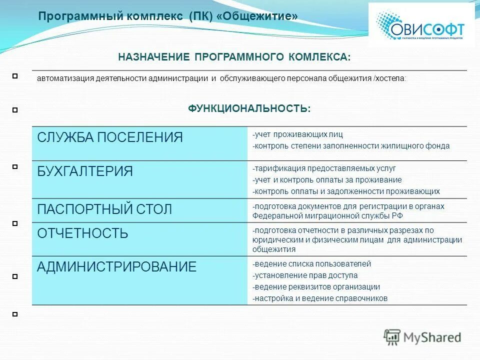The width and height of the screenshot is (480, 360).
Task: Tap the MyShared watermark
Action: (x=422, y=337)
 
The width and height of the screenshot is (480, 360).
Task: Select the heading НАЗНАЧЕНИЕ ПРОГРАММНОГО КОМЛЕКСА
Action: (x=234, y=57)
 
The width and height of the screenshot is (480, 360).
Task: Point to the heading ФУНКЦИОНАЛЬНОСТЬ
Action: (x=249, y=108)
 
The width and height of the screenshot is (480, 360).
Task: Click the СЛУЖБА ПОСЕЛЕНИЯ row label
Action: (x=110, y=137)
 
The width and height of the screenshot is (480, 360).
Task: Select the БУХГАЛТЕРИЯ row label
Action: (x=85, y=171)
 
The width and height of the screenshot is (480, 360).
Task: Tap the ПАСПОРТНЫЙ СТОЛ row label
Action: (x=104, y=209)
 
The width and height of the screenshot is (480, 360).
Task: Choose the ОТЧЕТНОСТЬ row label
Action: (x=82, y=233)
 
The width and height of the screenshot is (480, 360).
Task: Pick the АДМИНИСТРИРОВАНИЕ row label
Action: (x=116, y=266)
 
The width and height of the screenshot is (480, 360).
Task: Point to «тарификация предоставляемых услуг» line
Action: (x=324, y=168)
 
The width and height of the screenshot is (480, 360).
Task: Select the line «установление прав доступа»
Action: (x=305, y=275)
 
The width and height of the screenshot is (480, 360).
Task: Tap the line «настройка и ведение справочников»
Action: (x=320, y=298)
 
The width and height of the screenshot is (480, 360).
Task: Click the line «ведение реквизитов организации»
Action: (x=316, y=287)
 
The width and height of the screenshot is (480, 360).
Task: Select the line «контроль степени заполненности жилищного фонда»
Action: (x=351, y=146)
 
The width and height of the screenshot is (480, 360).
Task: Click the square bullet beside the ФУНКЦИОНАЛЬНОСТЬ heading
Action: (x=15, y=109)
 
